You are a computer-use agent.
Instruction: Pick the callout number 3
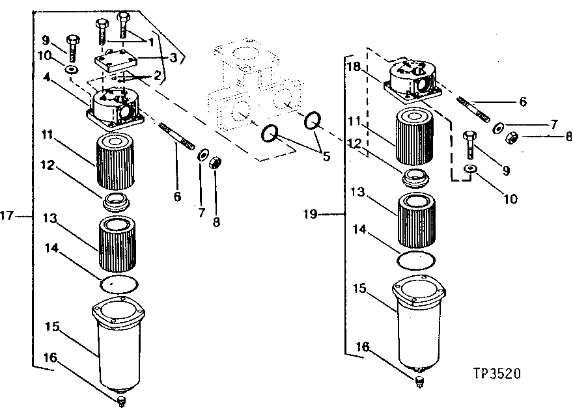click(173, 57)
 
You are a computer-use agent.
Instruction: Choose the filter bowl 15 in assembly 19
click(418, 325)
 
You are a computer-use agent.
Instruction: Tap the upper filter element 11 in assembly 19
click(415, 139)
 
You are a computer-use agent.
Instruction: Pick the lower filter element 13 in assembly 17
click(119, 245)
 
